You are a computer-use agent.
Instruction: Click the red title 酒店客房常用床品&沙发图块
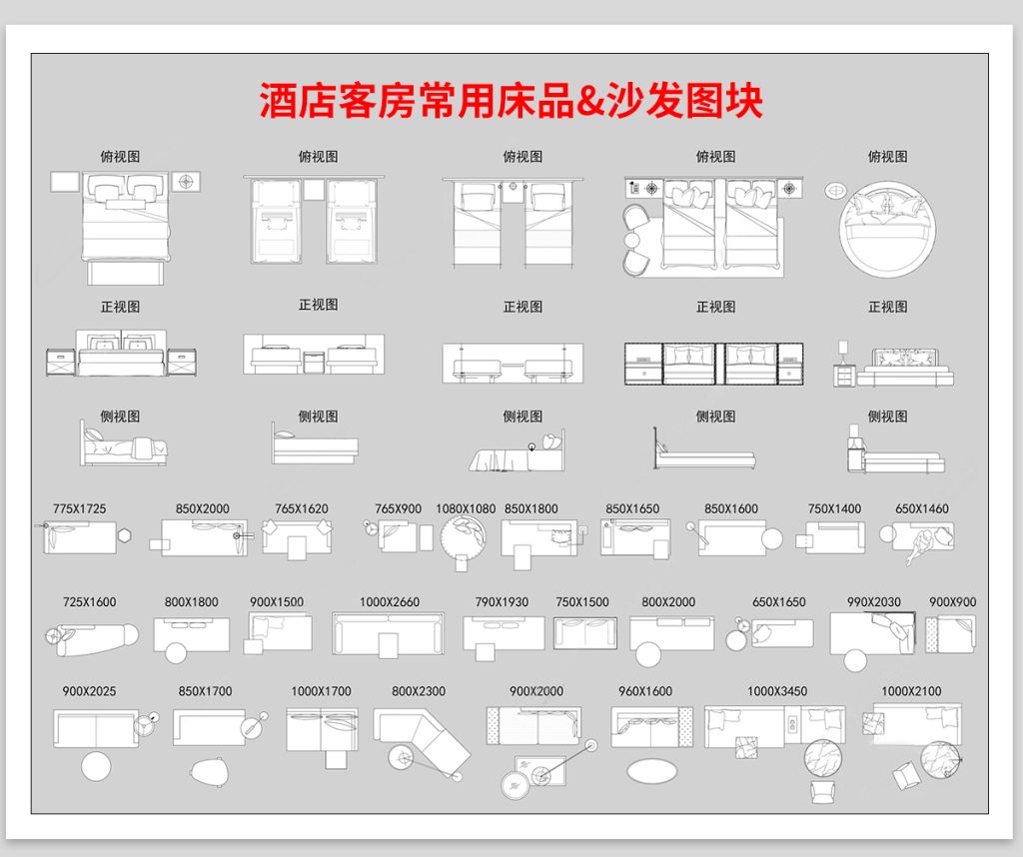click(511, 102)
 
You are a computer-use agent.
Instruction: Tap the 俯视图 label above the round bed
click(887, 157)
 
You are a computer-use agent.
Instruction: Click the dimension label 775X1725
click(79, 508)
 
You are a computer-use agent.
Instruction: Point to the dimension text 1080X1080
click(466, 508)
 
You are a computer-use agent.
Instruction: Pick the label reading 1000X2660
click(390, 602)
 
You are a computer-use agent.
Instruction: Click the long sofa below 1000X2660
click(389, 633)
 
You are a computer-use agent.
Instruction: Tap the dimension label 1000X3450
click(777, 691)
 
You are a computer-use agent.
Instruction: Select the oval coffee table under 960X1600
click(651, 771)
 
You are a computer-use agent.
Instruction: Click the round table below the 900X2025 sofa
click(96, 767)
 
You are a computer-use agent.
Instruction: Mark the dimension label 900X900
click(952, 602)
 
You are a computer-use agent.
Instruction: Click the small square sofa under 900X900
click(950, 634)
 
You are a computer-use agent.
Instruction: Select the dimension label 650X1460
click(921, 508)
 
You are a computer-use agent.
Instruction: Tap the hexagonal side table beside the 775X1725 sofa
click(125, 533)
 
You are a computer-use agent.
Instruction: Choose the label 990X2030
click(874, 602)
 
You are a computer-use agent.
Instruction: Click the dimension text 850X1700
click(205, 691)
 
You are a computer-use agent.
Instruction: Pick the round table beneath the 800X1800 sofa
click(176, 654)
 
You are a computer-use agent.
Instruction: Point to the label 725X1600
click(89, 602)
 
